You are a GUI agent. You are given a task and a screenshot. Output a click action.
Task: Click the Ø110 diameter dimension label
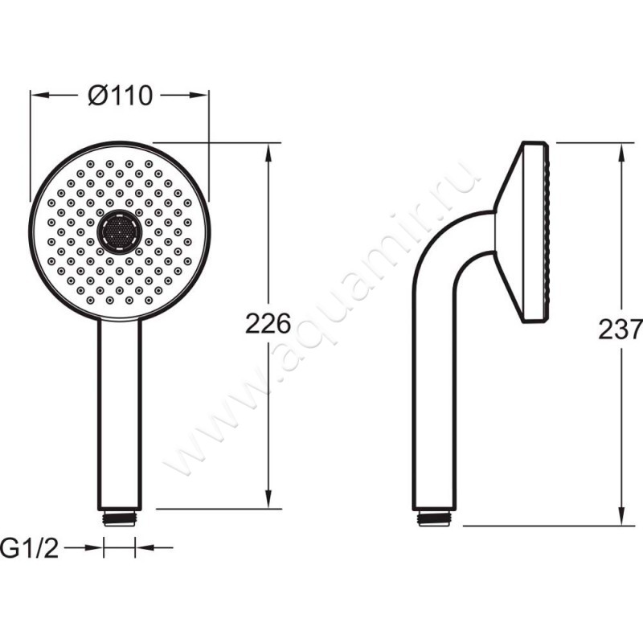tap(120, 96)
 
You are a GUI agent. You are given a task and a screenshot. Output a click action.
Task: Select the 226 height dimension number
tap(268, 324)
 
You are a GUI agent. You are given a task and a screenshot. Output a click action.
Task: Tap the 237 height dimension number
tap(620, 330)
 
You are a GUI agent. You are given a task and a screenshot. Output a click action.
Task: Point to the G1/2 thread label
tap(30, 548)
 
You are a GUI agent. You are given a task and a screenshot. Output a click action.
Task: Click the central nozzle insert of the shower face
tap(120, 231)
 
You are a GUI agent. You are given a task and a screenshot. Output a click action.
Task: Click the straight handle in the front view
tap(119, 415)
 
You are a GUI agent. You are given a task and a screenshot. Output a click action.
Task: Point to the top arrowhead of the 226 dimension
tap(268, 153)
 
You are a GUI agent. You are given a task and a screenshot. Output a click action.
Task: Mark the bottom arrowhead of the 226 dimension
tap(268, 499)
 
